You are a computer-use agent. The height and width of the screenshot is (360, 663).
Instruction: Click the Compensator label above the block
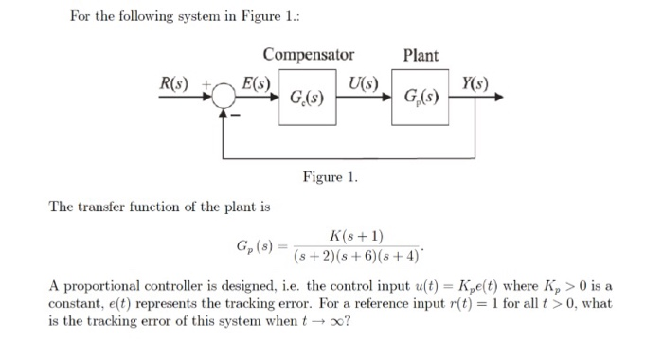(309, 55)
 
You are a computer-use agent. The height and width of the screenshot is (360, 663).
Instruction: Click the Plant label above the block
(421, 55)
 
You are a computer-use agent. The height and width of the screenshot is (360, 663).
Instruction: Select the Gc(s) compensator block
(310, 98)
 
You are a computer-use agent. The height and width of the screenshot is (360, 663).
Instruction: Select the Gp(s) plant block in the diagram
(421, 98)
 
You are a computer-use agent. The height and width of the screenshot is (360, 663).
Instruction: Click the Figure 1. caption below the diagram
(330, 177)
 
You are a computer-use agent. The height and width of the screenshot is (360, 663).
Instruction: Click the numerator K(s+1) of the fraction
(355, 236)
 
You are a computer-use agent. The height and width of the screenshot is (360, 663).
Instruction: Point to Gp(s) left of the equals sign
(255, 246)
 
